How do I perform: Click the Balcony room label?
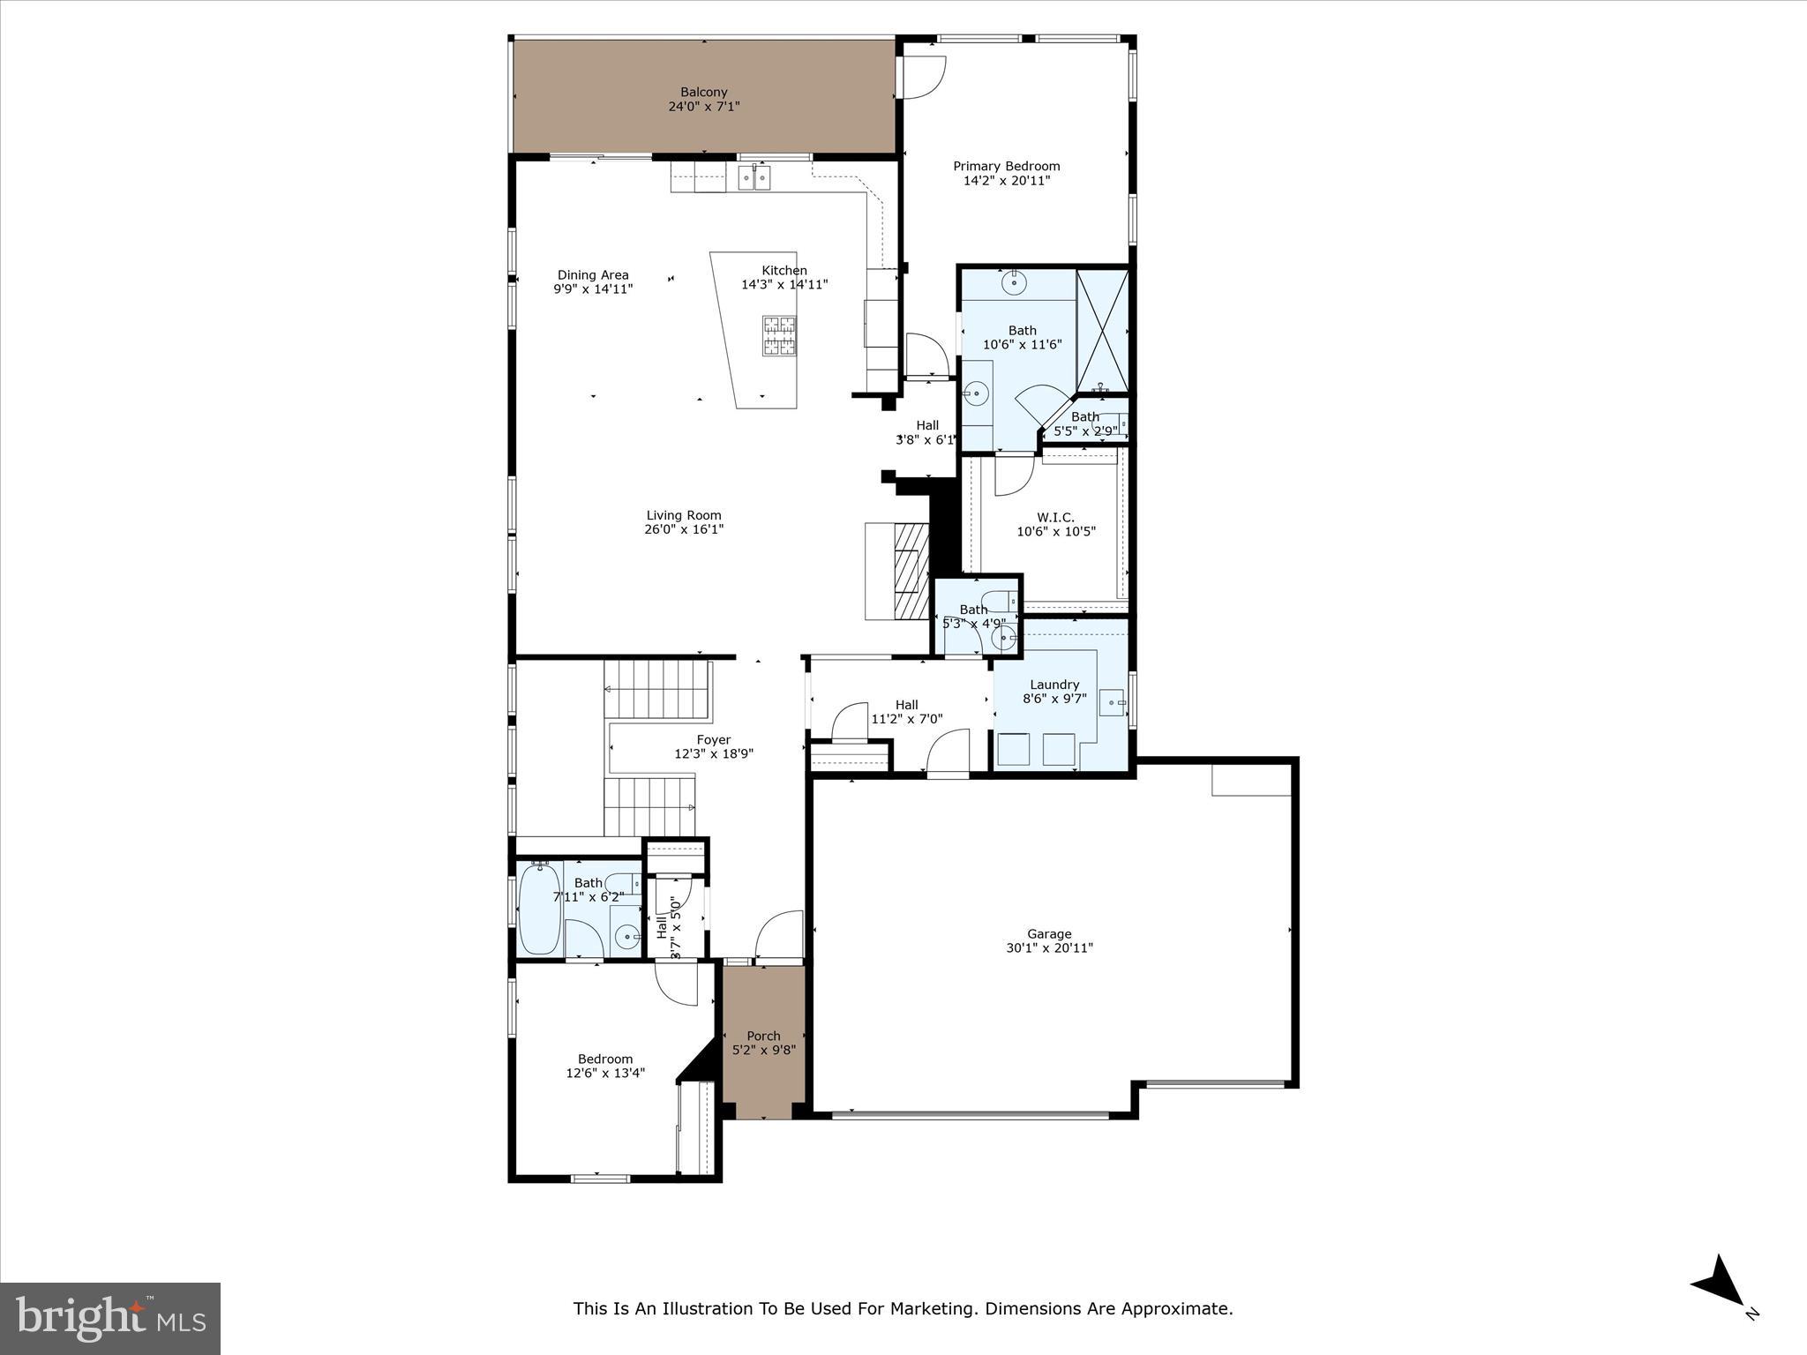click(x=703, y=92)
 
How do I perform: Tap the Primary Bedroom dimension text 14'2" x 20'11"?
click(x=1006, y=181)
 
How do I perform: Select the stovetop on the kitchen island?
click(x=778, y=335)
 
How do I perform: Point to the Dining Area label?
click(x=592, y=274)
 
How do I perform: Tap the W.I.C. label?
click(x=1055, y=517)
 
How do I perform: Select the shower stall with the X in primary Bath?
click(x=1102, y=331)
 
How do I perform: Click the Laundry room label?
click(x=1054, y=685)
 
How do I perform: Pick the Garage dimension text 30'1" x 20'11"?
click(x=1049, y=948)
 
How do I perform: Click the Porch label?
click(x=763, y=1036)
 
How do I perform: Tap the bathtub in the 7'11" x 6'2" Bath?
click(x=539, y=910)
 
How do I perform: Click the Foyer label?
click(x=713, y=740)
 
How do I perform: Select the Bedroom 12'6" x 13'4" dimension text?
click(x=605, y=1074)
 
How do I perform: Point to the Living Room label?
click(x=683, y=515)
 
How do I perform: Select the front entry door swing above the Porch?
click(x=780, y=936)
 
